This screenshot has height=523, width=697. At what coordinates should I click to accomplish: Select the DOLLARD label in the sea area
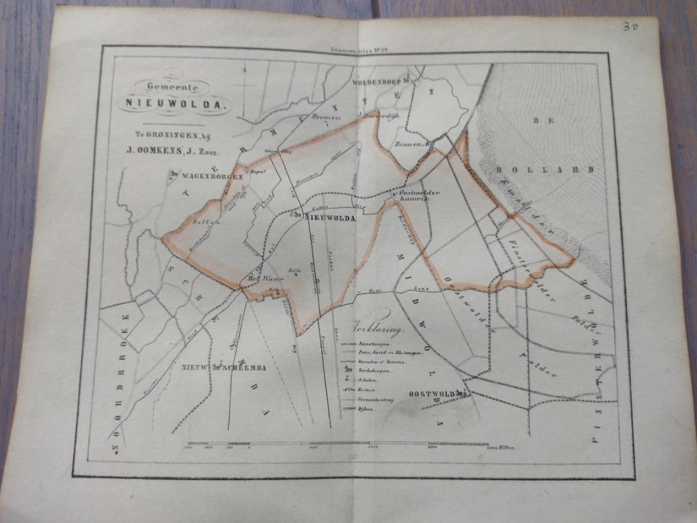pos(545,170)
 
